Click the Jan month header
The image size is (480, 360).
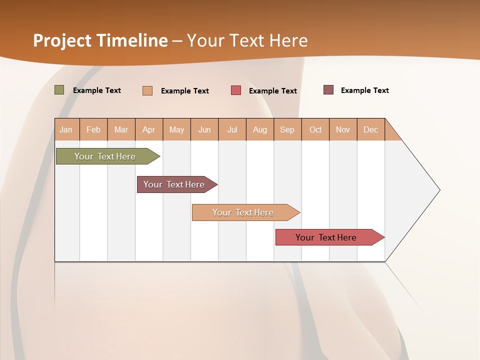click(x=66, y=129)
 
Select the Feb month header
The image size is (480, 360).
click(x=93, y=129)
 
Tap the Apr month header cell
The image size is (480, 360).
click(x=149, y=129)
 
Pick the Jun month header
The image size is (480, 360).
click(x=204, y=129)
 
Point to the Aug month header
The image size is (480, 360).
click(x=260, y=129)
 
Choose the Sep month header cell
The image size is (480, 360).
click(x=287, y=129)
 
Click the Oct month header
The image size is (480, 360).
click(x=315, y=129)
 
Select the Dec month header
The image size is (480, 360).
click(x=371, y=129)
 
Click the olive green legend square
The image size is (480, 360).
click(x=59, y=90)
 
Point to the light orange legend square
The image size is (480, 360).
click(x=147, y=90)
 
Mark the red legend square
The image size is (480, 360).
click(x=236, y=90)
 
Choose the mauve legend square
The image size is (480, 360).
click(x=328, y=90)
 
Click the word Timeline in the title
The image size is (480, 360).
click(x=132, y=40)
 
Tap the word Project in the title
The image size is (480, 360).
click(x=62, y=40)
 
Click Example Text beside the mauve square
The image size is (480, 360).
click(x=364, y=90)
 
